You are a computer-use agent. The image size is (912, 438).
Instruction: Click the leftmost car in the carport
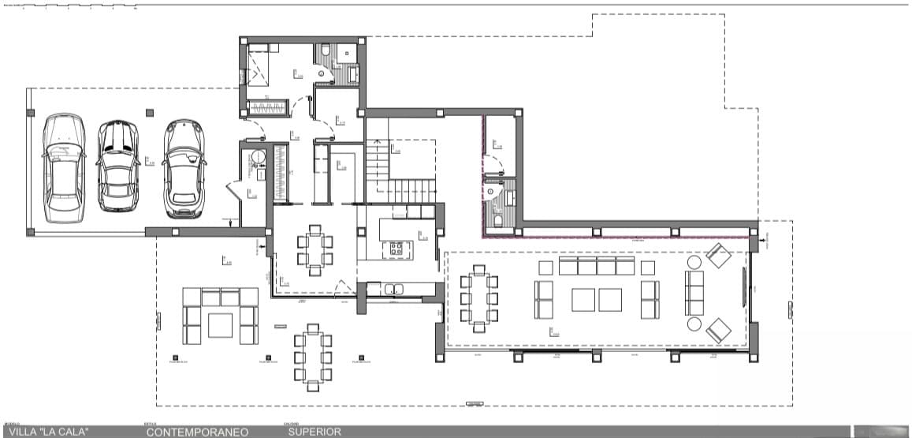(63, 167)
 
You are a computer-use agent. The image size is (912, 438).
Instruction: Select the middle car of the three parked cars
(117, 167)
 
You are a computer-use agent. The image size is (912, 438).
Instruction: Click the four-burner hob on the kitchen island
(396, 249)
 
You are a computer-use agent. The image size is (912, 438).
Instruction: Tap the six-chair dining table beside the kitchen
(315, 250)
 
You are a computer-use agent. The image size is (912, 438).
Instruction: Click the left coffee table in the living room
(583, 300)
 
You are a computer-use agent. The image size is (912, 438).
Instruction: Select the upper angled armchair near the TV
(718, 256)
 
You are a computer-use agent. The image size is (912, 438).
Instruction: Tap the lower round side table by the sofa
(694, 324)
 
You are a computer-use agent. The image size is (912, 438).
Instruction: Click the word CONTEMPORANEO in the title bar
(197, 432)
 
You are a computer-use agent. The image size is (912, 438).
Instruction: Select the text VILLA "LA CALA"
(48, 432)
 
